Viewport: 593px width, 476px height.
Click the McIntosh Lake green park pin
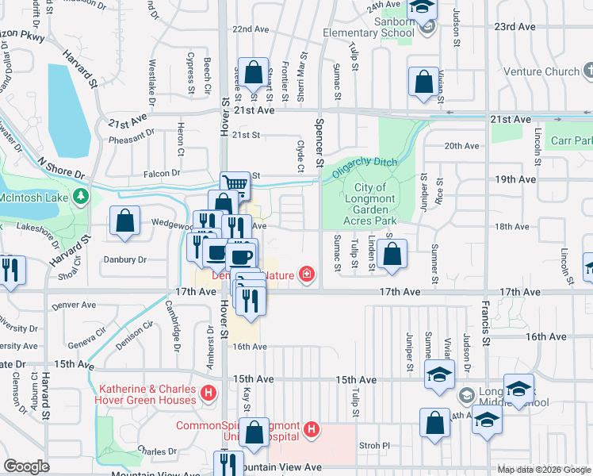click(x=79, y=195)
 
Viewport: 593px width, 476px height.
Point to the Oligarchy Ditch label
click(x=363, y=166)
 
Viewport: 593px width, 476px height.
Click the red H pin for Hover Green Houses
click(x=209, y=392)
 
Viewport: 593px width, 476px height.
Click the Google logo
click(x=27, y=466)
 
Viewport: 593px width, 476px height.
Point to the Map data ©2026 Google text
click(x=543, y=469)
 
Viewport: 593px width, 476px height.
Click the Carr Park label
click(x=573, y=140)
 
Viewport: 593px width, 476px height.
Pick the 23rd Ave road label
click(x=515, y=26)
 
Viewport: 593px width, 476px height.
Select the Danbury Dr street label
click(x=125, y=259)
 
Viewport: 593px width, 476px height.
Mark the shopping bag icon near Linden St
click(x=391, y=255)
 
